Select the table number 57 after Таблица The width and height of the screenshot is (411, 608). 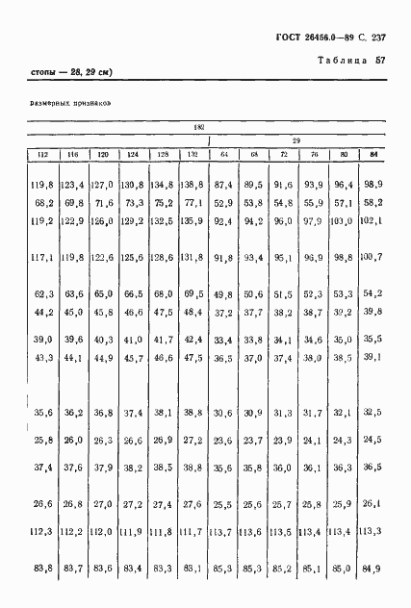click(381, 63)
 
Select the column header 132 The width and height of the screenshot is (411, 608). click(193, 154)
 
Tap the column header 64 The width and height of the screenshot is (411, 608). click(223, 154)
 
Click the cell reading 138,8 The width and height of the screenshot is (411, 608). click(193, 184)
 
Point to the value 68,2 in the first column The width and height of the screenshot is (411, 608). click(43, 203)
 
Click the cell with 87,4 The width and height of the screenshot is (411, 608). click(223, 184)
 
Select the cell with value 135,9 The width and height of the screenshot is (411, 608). click(193, 221)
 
